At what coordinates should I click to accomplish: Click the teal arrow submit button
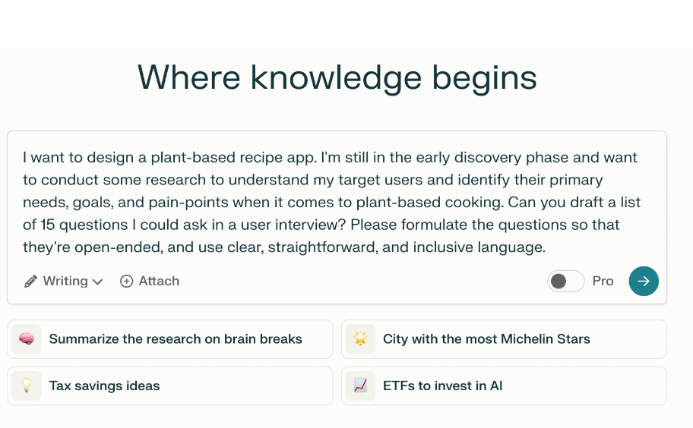coord(644,282)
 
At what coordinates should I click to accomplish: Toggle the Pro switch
coord(565,282)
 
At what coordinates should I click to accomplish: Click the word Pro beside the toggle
coord(603,282)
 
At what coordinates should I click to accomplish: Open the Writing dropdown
coord(72,282)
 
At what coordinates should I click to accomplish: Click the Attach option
coord(159,282)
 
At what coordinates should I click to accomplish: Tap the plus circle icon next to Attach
coord(127,282)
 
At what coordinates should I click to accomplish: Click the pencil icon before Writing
coord(30,282)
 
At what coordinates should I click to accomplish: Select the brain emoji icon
coord(27,339)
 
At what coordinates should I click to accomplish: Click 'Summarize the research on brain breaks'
coord(176,339)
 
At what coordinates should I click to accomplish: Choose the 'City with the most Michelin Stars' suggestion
coord(486,339)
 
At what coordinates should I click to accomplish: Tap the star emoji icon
coord(360,339)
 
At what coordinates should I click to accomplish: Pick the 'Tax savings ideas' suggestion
coord(104,386)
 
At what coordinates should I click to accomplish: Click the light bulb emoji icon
coord(27,386)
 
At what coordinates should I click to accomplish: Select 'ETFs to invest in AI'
coord(442,386)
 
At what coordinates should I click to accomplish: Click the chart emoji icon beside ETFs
coord(360,386)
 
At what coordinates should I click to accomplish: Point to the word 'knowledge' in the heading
coord(336,78)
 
